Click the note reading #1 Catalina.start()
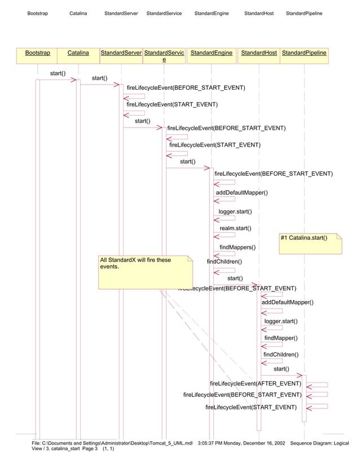(x=311, y=243)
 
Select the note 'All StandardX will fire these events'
(x=146, y=272)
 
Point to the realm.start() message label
(x=235, y=228)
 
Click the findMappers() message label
(x=237, y=247)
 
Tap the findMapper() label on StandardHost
(x=280, y=338)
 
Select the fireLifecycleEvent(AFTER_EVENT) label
(x=255, y=384)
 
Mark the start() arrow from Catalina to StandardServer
(x=100, y=85)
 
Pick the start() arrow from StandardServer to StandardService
(x=143, y=128)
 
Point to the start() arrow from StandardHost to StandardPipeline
(x=281, y=375)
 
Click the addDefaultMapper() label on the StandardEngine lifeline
(x=242, y=193)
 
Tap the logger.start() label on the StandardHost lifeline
(x=280, y=321)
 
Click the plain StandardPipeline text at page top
(x=304, y=13)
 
